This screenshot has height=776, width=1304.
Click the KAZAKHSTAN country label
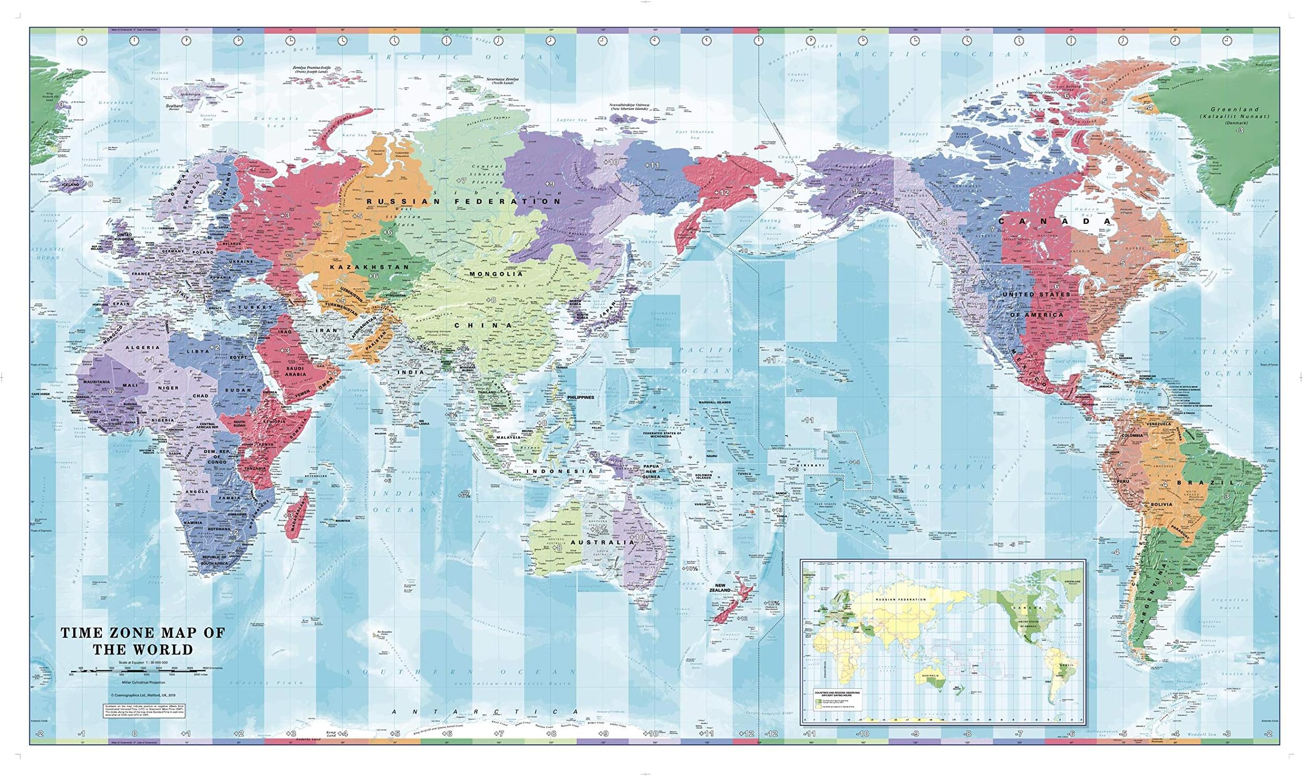[x=369, y=267]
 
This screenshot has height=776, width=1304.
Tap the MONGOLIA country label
[x=496, y=273]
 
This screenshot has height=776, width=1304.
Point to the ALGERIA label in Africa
[x=142, y=347]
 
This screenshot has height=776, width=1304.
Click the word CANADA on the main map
[x=1054, y=221]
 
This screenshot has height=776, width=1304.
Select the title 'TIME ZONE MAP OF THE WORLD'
[x=143, y=640]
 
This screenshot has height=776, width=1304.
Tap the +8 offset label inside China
[x=490, y=300]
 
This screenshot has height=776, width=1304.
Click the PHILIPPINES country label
[x=580, y=398]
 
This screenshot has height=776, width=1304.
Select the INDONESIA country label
[x=560, y=471]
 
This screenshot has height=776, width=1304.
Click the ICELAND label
[x=71, y=185]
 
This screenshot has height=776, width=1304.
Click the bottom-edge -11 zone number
[x=809, y=733]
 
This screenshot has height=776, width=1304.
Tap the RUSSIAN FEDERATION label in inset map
[x=900, y=599]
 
